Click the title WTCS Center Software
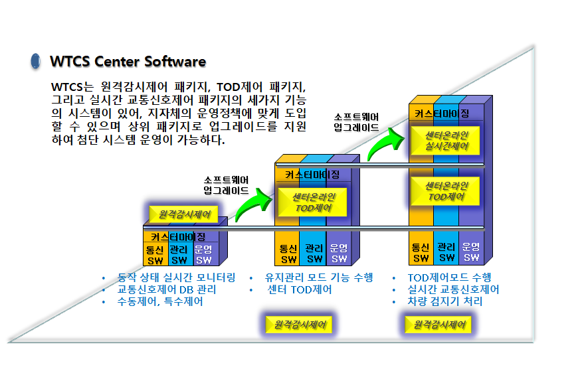coord(128,62)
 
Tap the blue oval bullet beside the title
coord(35,62)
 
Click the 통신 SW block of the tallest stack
coord(421,253)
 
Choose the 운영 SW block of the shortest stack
coord(203,254)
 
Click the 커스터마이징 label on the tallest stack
coord(442,114)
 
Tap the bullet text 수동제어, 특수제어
coord(160,301)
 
